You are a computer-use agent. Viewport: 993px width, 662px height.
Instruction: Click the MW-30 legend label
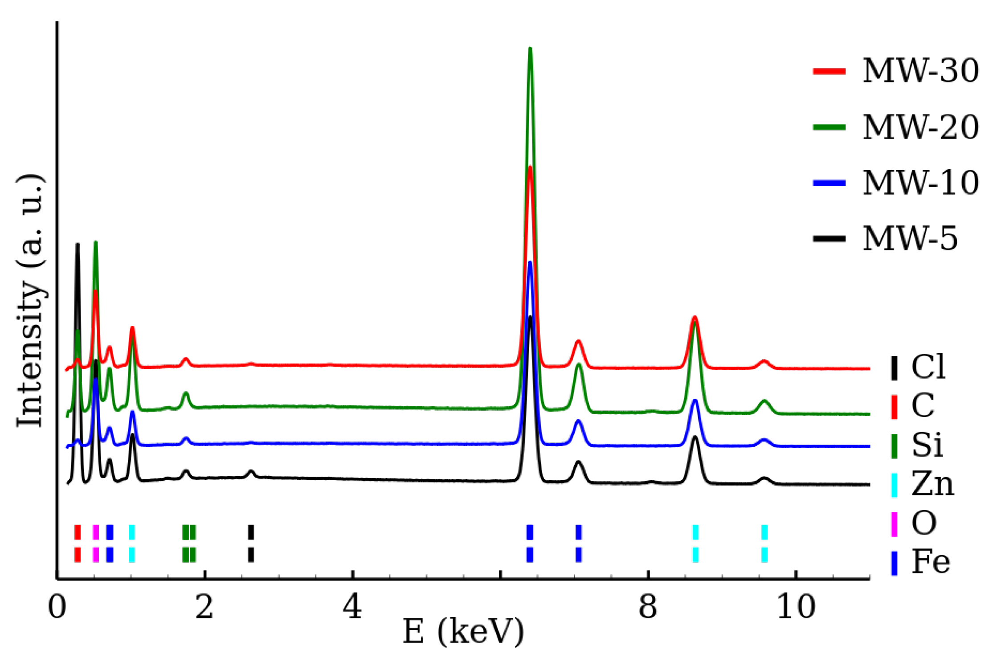point(920,71)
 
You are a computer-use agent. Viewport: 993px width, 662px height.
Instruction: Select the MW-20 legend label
point(920,127)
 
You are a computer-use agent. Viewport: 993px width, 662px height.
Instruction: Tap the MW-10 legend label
point(920,183)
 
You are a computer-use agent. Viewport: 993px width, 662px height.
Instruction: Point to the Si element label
point(927,445)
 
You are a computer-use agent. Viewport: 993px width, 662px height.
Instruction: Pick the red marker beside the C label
point(894,406)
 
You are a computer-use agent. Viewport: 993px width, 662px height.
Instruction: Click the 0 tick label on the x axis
point(57,607)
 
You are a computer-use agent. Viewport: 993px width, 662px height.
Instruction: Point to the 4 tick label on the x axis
point(352,607)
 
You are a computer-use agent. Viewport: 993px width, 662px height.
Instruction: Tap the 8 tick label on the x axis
point(648,607)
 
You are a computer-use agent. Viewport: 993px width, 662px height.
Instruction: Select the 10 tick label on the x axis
point(796,607)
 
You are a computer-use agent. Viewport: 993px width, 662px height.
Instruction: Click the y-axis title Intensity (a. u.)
point(30,301)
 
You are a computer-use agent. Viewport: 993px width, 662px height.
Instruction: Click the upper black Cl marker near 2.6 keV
point(251,532)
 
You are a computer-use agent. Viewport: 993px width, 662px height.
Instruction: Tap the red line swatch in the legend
point(829,71)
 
